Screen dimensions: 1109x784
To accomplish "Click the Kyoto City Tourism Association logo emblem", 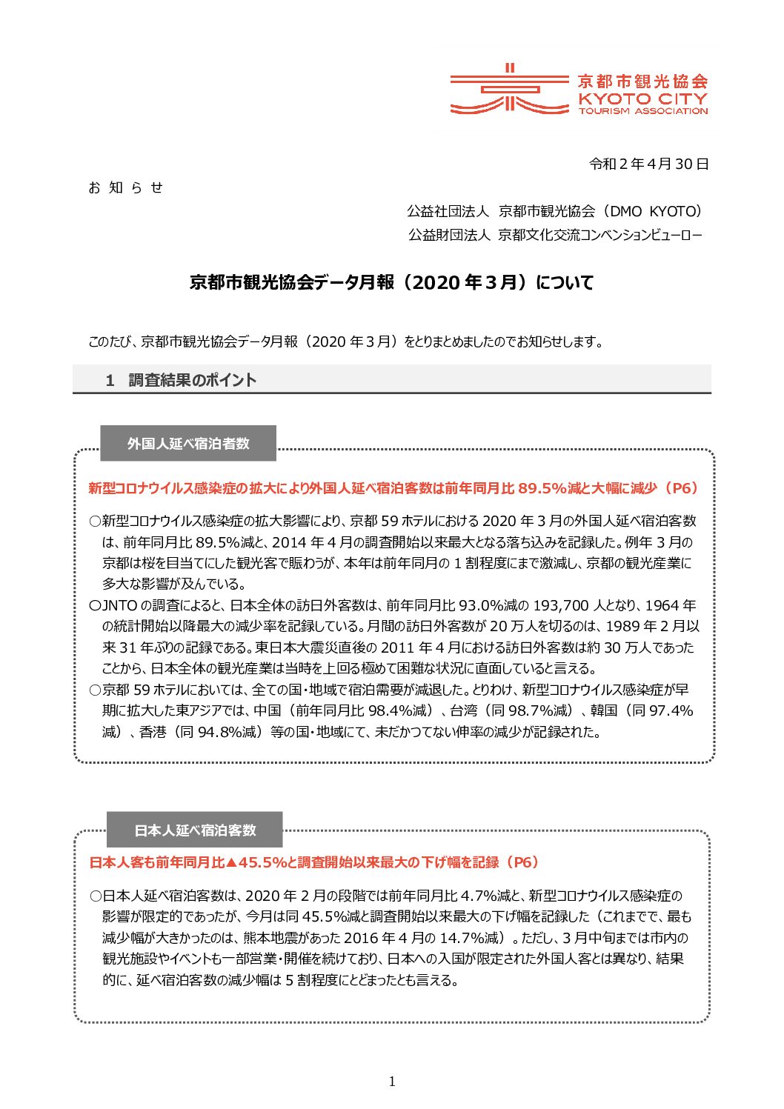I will pyautogui.click(x=499, y=90).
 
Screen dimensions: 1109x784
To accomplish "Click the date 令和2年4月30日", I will pyautogui.click(x=648, y=164).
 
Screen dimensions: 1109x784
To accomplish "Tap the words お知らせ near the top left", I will pyautogui.click(x=125, y=188).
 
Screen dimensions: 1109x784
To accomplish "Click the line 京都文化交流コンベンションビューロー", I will pyautogui.click(x=599, y=235).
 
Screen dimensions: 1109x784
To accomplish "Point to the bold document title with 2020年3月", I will pyautogui.click(x=391, y=283).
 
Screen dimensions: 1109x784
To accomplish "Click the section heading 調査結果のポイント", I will pyautogui.click(x=192, y=380).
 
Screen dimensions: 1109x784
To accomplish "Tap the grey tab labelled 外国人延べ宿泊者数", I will pyautogui.click(x=188, y=443).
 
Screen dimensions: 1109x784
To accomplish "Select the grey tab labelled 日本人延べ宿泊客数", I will pyautogui.click(x=195, y=830).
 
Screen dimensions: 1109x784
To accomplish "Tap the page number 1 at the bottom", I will pyautogui.click(x=392, y=1082).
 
